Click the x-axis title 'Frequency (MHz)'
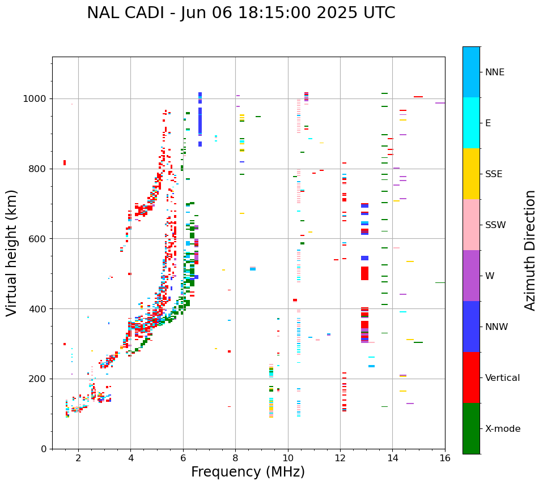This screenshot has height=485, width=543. click(x=248, y=472)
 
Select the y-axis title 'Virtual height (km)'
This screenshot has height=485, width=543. click(x=12, y=252)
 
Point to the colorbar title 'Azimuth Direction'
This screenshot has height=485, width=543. click(x=530, y=250)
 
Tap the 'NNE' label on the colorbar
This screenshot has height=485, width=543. click(x=494, y=72)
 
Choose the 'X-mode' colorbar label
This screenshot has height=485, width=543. click(x=502, y=429)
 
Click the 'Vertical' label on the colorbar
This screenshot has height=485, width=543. click(x=502, y=378)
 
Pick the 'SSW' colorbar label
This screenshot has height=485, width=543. click(x=495, y=225)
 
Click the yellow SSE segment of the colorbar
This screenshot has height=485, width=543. click(x=471, y=174)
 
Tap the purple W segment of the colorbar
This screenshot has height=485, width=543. click(x=471, y=276)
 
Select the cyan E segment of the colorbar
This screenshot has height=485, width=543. click(x=471, y=123)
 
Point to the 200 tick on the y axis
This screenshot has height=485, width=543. click(x=39, y=379)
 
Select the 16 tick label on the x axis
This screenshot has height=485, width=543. click(x=445, y=458)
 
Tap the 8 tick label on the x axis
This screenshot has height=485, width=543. click(x=235, y=458)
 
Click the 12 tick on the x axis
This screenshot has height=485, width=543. click(x=340, y=458)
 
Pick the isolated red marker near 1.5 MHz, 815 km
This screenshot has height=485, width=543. click(x=65, y=163)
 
